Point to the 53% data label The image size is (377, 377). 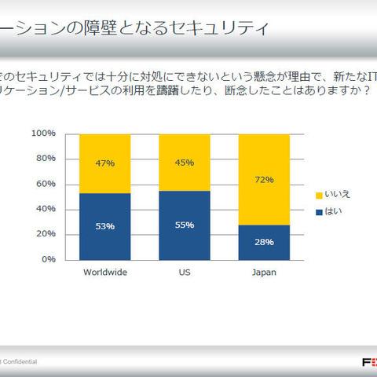coord(105,226)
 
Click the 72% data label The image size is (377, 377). coord(264,179)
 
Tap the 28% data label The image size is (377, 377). coord(264,242)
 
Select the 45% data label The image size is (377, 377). coord(185,163)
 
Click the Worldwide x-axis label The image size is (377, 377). coord(105,273)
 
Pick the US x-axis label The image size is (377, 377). coord(185,273)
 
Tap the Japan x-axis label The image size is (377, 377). coord(264,273)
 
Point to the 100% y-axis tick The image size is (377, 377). coord(43,134)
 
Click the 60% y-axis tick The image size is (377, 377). coord(46,184)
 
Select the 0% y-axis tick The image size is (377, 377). coord(49,259)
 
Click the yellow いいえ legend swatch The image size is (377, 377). coord(318,195)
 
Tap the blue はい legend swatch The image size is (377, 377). coord(318,210)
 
